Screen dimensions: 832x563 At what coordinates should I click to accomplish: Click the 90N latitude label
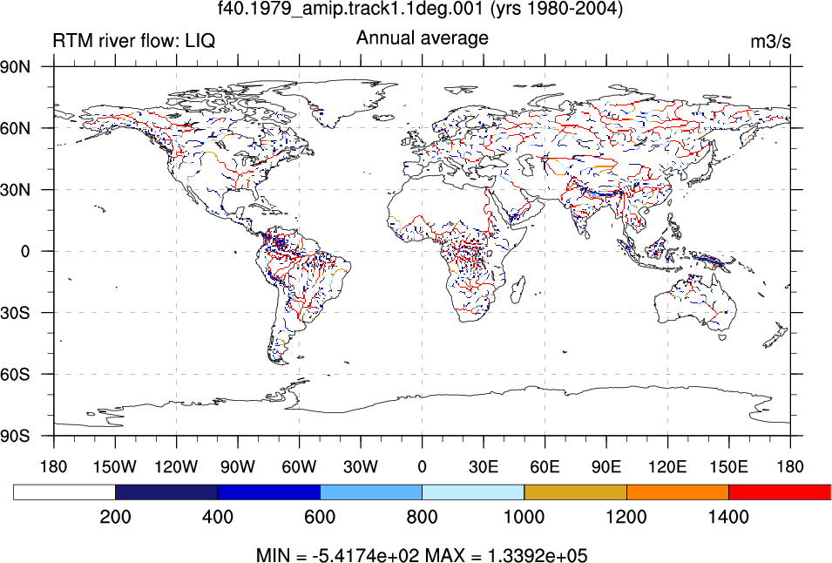16,67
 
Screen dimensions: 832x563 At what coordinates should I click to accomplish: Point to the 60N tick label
16,128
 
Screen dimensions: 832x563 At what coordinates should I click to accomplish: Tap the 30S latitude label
16,313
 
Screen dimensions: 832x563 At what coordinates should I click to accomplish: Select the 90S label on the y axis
16,436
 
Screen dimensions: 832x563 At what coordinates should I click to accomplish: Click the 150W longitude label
115,467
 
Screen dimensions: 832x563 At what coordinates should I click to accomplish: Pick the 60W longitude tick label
300,467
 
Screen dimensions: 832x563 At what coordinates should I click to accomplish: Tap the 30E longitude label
484,467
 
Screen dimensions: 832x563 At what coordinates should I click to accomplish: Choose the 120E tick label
667,467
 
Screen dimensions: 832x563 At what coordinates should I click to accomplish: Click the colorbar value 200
115,516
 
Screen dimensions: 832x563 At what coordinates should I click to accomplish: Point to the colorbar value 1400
728,516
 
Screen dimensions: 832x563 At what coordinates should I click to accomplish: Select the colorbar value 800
422,516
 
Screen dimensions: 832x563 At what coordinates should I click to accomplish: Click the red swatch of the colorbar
780,492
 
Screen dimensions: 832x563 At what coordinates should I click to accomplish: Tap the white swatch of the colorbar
64,492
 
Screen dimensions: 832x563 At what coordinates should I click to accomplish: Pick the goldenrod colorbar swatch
575,492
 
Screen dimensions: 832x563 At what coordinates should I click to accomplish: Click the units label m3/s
770,41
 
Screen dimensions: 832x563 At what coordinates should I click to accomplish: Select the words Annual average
423,38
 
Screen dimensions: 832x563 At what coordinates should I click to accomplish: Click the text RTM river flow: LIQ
134,41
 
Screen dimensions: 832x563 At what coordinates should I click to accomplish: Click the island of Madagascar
518,289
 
